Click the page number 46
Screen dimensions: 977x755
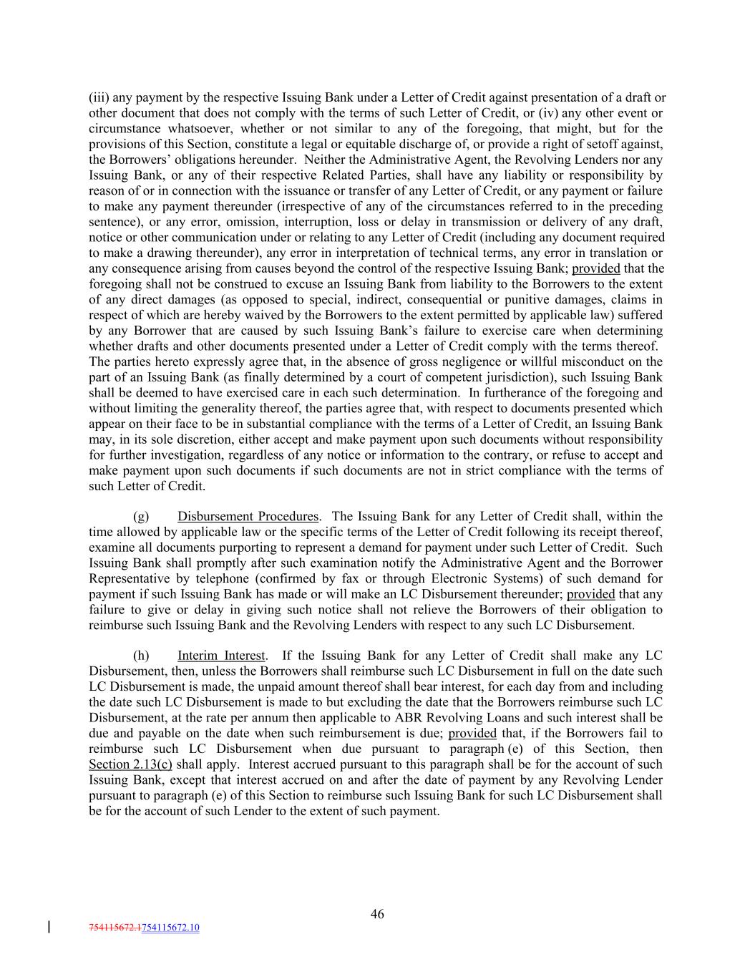(x=377, y=913)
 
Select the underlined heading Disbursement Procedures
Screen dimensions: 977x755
(x=248, y=516)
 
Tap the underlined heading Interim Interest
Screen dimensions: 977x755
(x=221, y=656)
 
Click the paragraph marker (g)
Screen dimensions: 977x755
(x=141, y=516)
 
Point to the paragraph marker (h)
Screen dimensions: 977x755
(x=141, y=656)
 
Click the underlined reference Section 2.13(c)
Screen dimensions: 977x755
(x=130, y=764)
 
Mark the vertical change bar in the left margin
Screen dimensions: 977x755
(x=49, y=928)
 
